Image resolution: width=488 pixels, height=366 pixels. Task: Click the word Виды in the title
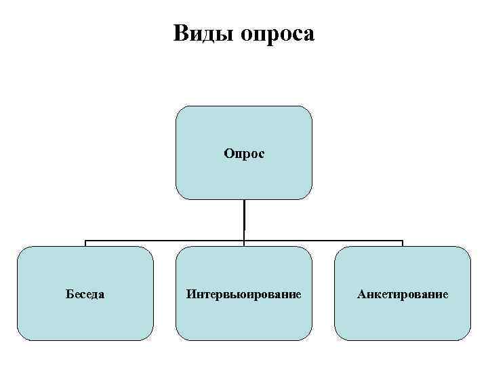coord(202,33)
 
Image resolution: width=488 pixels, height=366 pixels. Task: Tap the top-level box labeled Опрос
coord(244,152)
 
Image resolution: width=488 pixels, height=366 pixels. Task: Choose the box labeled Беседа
coord(85,293)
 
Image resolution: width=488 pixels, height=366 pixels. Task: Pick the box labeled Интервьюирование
coord(244,293)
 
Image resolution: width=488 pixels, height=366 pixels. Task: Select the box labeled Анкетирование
coord(403,293)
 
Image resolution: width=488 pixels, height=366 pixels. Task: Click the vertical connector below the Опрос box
coord(244,220)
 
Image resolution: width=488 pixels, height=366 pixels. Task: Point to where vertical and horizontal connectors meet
coord(244,241)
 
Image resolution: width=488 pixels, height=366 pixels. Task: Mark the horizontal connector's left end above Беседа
coord(85,241)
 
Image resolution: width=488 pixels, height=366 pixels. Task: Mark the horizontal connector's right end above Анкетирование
coord(403,241)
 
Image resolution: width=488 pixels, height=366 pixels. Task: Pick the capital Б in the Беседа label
coord(68,295)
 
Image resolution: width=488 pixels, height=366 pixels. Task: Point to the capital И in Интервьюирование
coord(190,295)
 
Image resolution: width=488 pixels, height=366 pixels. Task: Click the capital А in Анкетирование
coord(361,295)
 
